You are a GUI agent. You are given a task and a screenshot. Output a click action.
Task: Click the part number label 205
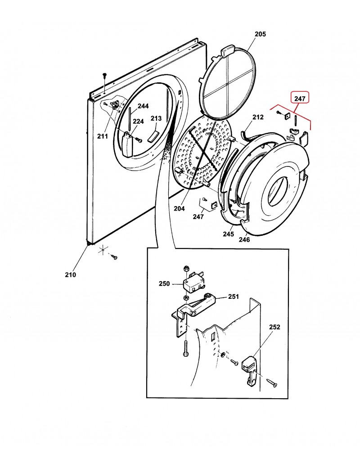[260, 34]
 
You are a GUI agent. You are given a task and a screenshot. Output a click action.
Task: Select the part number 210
[71, 274]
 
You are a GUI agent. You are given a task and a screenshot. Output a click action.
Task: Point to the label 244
[143, 106]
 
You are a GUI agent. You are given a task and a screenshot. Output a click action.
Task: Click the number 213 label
[156, 118]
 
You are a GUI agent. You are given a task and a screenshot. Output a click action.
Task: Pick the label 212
[257, 117]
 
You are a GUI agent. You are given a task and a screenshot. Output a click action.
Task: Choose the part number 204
[180, 208]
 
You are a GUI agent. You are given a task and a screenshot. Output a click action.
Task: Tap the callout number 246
[244, 239]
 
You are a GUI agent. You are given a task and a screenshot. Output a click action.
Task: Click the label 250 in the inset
[164, 284]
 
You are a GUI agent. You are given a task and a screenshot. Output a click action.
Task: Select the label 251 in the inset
[233, 297]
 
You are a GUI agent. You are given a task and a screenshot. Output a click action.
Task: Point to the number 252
[274, 327]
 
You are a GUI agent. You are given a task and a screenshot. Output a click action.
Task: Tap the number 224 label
[126, 121]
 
